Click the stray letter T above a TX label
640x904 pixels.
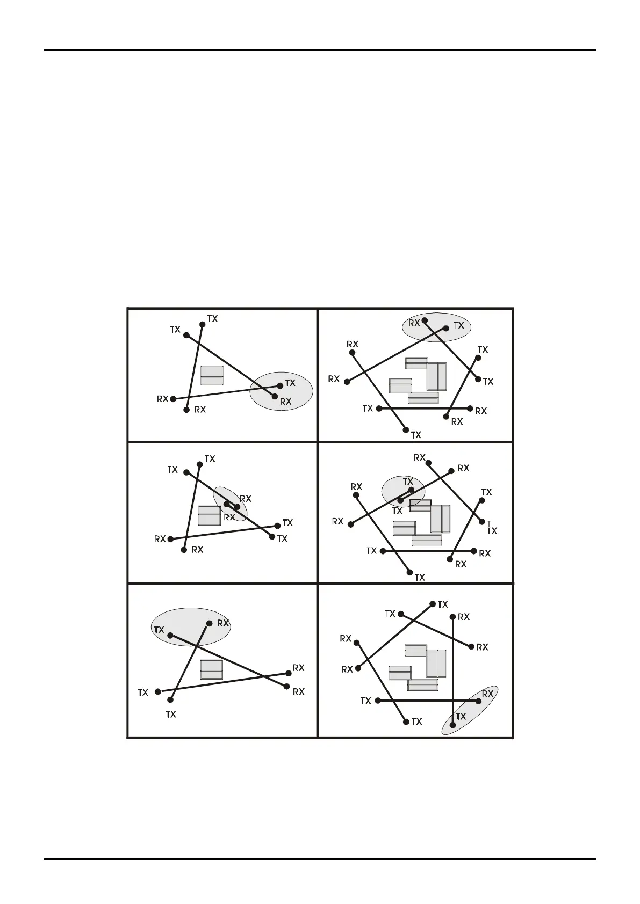point(488,522)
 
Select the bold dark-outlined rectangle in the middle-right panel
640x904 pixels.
point(420,506)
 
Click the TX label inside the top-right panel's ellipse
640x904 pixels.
point(458,325)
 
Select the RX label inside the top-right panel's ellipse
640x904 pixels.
point(414,323)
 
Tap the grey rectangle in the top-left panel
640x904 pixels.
point(212,375)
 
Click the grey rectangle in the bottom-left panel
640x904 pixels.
point(212,669)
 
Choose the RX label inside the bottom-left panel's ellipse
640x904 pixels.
point(223,623)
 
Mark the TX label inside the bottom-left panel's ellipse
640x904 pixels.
point(159,630)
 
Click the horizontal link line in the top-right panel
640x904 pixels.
point(425,409)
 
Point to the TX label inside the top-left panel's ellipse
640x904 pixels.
point(290,383)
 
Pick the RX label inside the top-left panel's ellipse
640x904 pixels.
point(286,402)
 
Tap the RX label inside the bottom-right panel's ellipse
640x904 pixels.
point(487,694)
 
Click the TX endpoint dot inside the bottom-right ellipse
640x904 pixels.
point(452,725)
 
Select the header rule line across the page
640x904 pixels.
point(320,50)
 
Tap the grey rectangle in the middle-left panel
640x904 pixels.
point(210,515)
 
